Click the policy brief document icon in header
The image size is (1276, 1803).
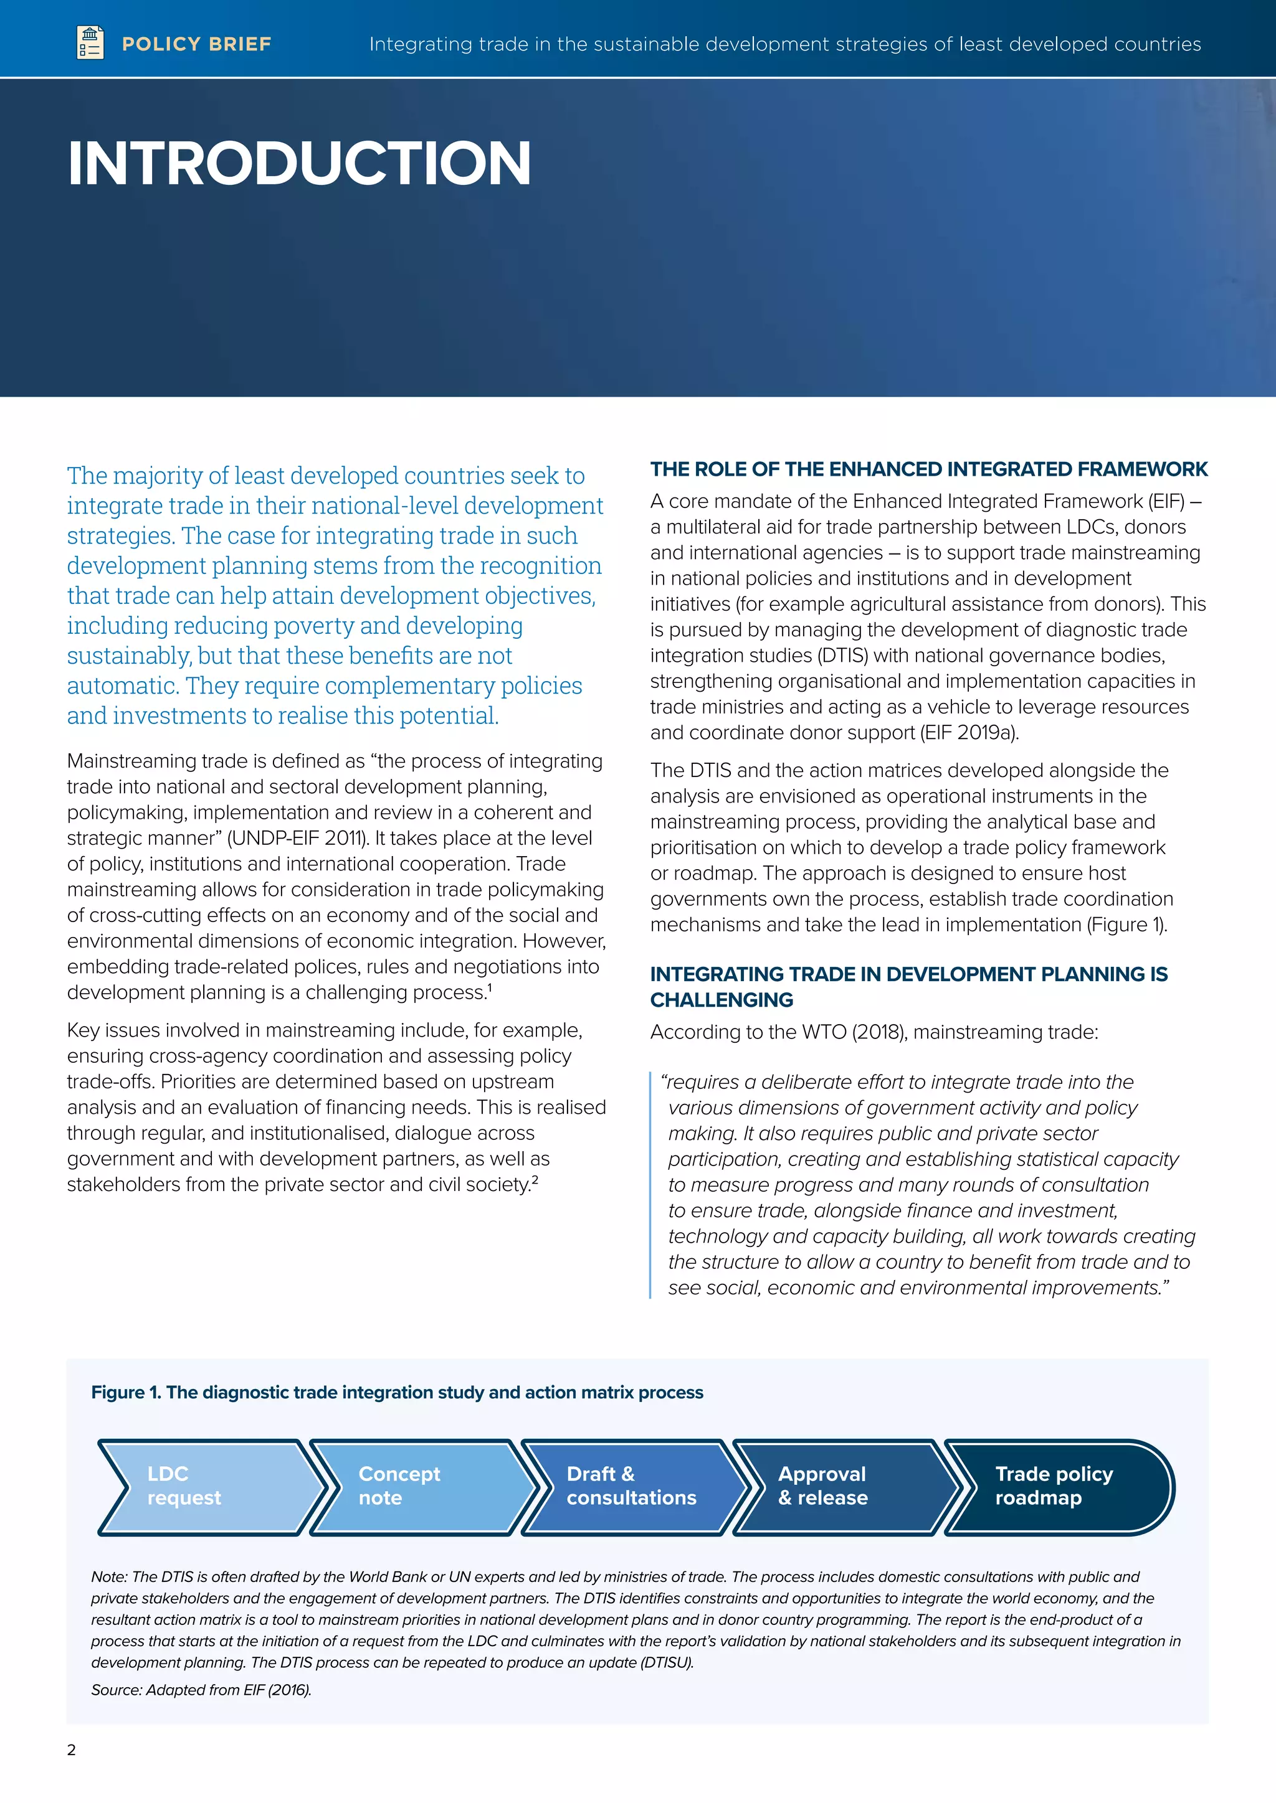click(x=90, y=42)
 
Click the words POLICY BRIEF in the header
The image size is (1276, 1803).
click(x=196, y=44)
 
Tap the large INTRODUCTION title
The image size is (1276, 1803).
click(x=299, y=163)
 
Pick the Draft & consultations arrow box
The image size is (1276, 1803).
click(x=632, y=1487)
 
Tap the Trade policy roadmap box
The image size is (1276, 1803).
click(x=1057, y=1487)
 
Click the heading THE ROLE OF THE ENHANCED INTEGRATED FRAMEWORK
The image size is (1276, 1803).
click(x=928, y=469)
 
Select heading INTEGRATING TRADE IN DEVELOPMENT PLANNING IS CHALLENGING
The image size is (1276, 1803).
click(x=908, y=986)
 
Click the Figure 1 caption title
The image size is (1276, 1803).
click(x=397, y=1392)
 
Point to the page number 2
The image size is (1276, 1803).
click(x=72, y=1749)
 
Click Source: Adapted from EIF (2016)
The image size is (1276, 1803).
click(x=201, y=1690)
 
